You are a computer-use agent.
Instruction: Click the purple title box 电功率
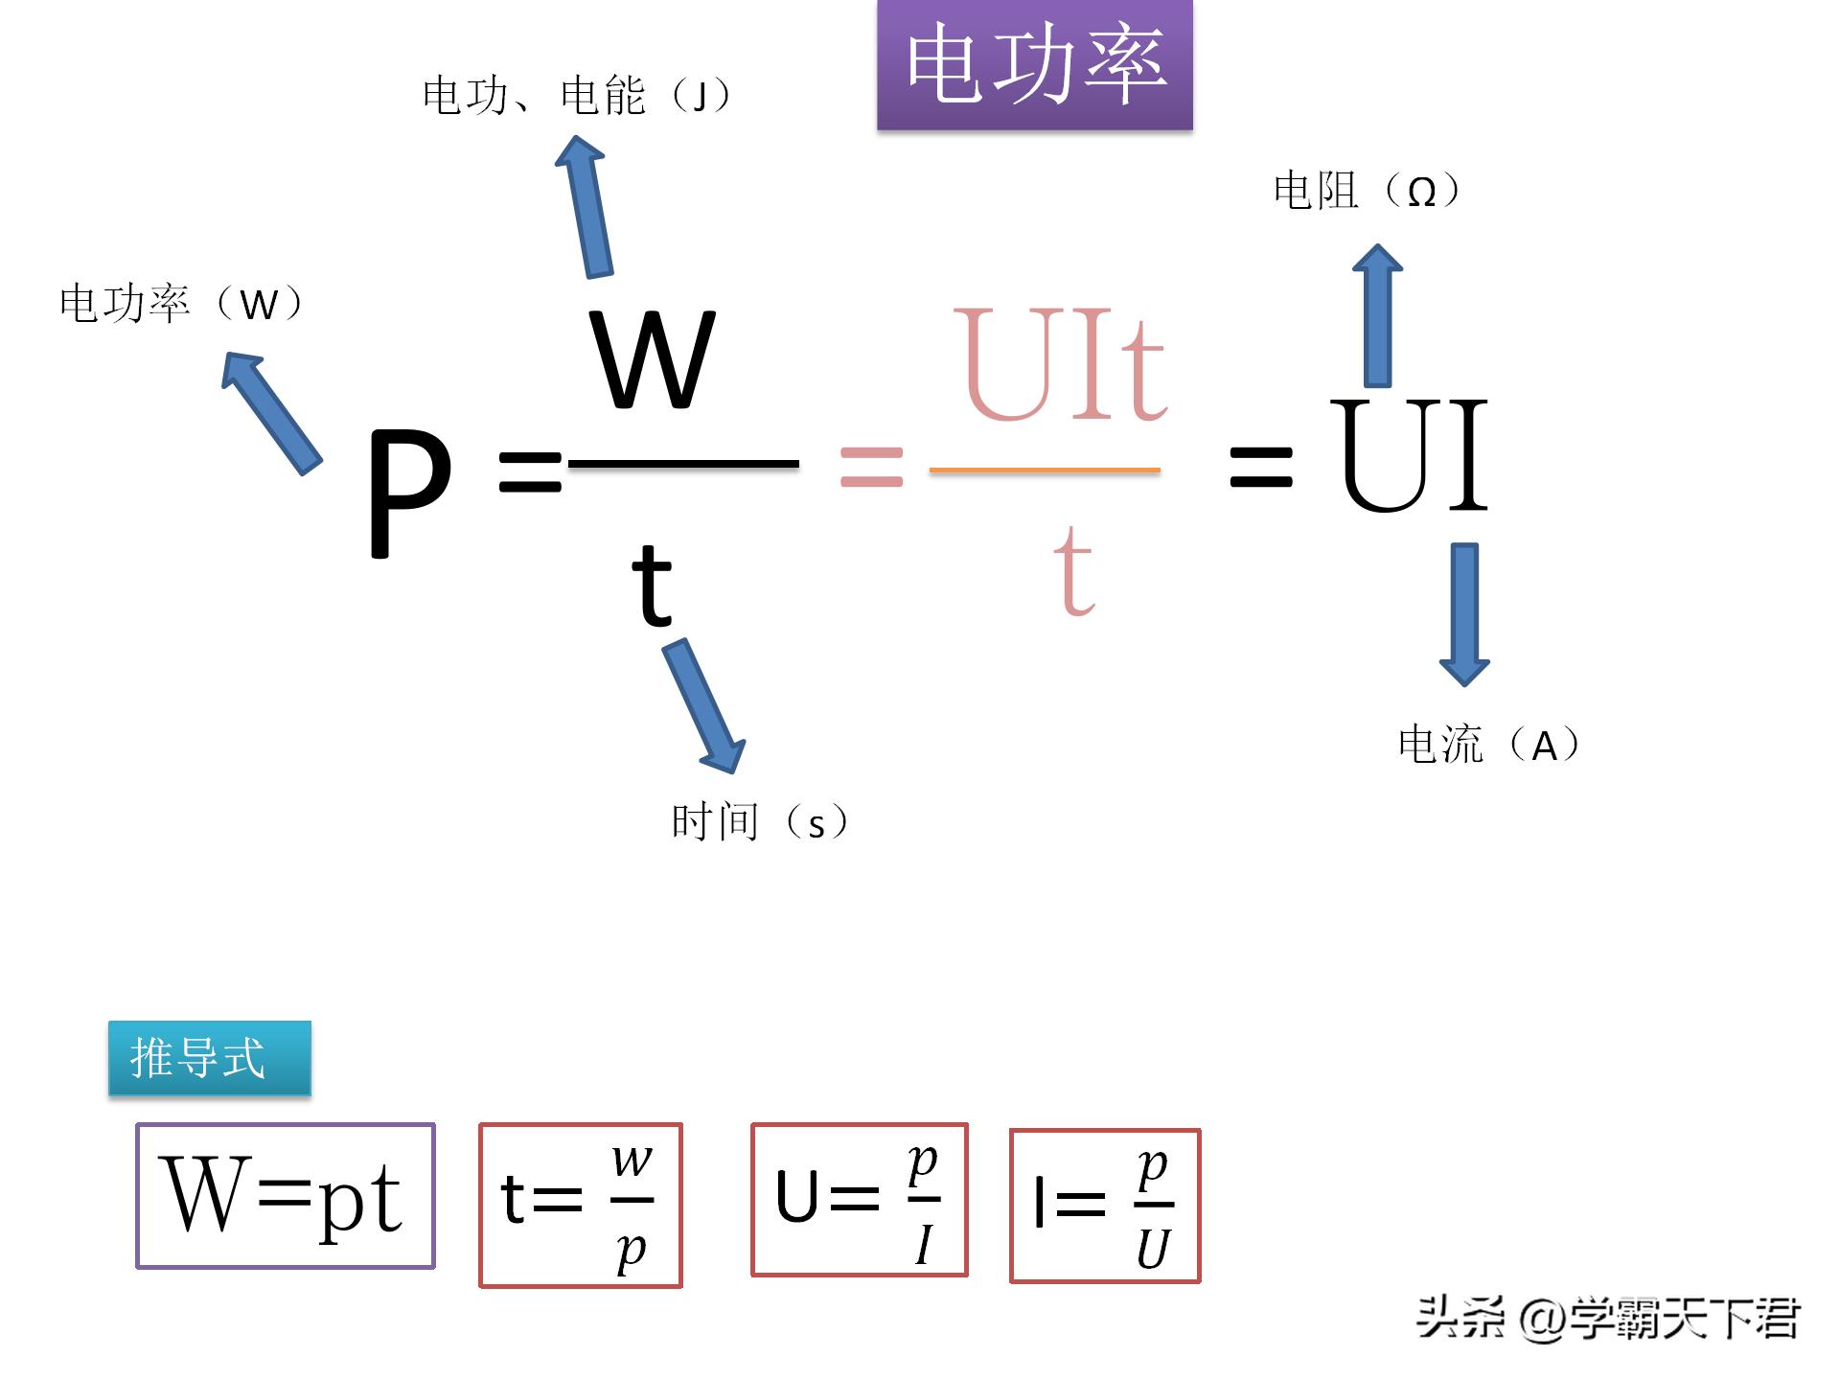click(x=1034, y=64)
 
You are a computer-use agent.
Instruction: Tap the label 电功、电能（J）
click(x=576, y=96)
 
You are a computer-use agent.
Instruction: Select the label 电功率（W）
click(x=181, y=304)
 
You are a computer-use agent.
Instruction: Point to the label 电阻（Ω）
click(x=1367, y=191)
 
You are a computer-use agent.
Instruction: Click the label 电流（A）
click(x=1488, y=745)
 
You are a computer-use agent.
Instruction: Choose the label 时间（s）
click(x=759, y=822)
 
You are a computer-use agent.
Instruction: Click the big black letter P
click(x=409, y=492)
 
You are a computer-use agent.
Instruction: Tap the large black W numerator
click(x=653, y=360)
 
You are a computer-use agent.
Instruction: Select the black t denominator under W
click(x=652, y=585)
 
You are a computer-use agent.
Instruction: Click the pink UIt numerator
click(x=1060, y=365)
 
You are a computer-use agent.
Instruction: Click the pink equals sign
click(x=871, y=468)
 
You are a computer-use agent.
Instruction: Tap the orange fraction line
click(x=1045, y=470)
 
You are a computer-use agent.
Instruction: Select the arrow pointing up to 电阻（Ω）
click(x=1377, y=316)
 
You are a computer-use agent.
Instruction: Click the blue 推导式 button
click(x=210, y=1058)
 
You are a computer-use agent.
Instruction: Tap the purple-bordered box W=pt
click(x=286, y=1196)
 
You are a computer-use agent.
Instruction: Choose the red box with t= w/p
click(x=581, y=1205)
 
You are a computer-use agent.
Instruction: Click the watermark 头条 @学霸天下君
click(x=1607, y=1319)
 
